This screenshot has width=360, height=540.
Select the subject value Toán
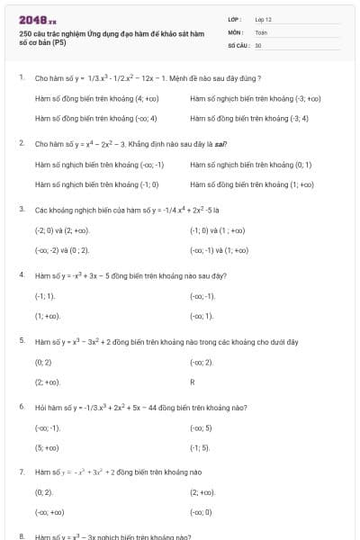point(261,31)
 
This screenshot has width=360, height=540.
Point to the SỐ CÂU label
point(238,44)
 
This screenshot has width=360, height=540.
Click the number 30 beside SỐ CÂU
point(258,44)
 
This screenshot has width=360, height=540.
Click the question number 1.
point(21,78)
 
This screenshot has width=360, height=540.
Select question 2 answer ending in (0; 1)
point(251,165)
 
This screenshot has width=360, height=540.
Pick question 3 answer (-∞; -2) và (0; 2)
point(61,250)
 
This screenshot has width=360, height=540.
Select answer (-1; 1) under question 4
point(45,296)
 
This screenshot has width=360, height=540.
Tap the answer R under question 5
point(193,382)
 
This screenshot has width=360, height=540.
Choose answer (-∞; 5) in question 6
point(201,427)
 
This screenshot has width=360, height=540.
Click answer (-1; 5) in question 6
point(200,447)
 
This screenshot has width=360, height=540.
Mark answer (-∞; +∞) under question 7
point(49,513)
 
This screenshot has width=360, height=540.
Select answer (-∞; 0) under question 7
point(201,513)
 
